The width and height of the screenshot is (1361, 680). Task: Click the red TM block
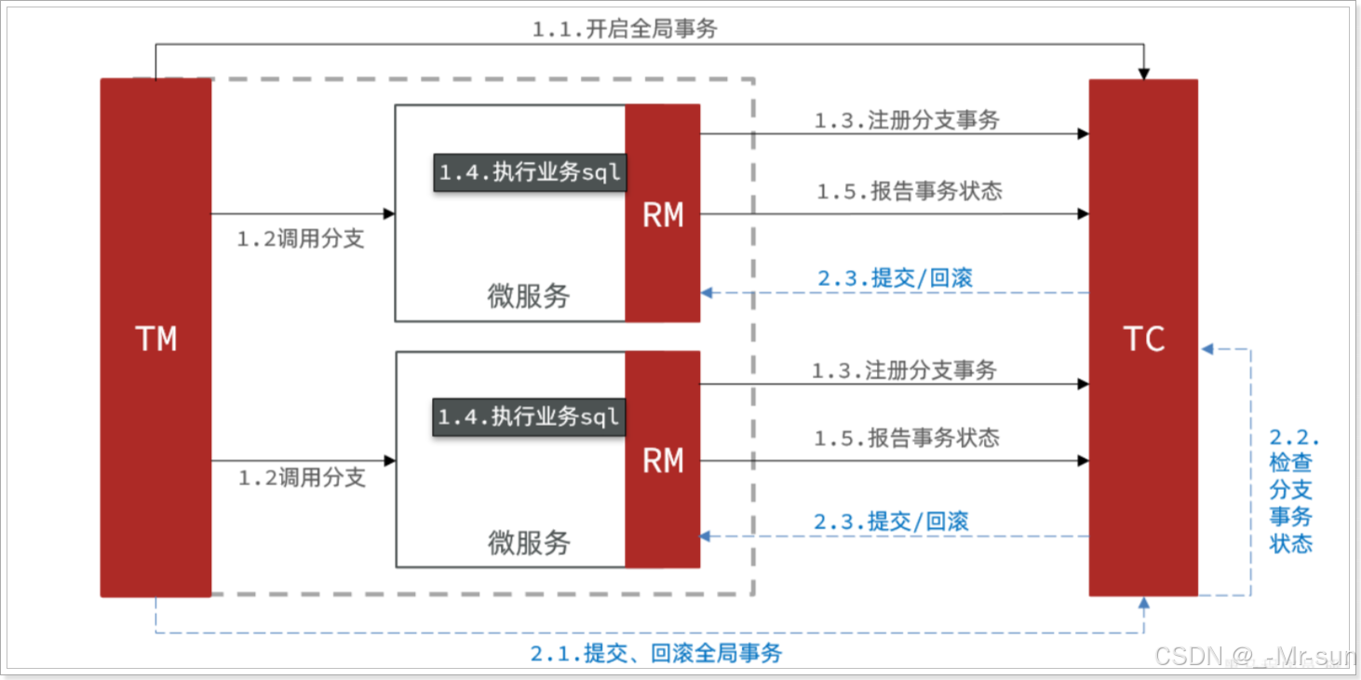(x=155, y=337)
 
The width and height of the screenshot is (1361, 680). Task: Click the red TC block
(x=1143, y=337)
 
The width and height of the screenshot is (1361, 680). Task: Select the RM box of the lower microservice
(x=662, y=459)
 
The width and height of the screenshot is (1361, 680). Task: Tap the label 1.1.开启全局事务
(x=625, y=29)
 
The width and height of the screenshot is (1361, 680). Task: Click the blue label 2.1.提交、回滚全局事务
(x=656, y=653)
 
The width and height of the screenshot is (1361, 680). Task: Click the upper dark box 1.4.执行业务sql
(x=530, y=172)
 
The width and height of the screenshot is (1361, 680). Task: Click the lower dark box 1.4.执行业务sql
(x=529, y=416)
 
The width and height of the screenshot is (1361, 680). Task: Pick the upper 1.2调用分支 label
(x=300, y=238)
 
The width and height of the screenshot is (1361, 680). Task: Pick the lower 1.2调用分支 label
(x=302, y=478)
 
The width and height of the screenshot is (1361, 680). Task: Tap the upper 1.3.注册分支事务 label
(x=907, y=120)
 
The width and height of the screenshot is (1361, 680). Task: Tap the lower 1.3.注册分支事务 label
(x=904, y=371)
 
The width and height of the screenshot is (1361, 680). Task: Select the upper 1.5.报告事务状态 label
(x=910, y=191)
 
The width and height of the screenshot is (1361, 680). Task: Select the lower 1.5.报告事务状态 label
(x=907, y=438)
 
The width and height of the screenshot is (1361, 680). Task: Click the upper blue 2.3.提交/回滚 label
(x=895, y=278)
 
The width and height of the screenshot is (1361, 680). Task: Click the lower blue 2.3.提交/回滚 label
(x=891, y=521)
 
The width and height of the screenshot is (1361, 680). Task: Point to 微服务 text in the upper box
(x=528, y=296)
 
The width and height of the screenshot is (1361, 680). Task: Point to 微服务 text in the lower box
(x=528, y=542)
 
